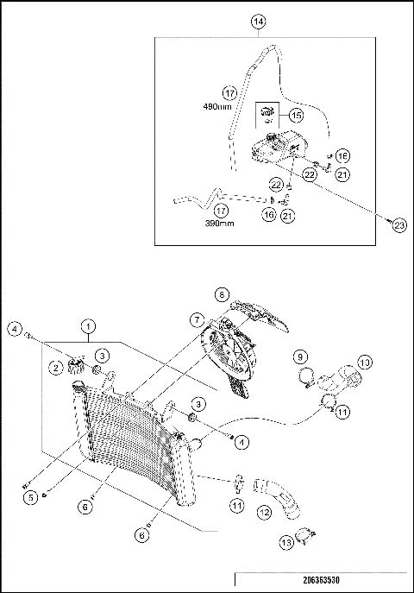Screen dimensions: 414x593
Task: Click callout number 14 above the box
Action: tap(259, 22)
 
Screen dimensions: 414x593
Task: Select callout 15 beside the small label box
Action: tap(296, 115)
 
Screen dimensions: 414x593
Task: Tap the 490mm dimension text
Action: tap(217, 107)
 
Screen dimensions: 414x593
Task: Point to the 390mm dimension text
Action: tap(219, 224)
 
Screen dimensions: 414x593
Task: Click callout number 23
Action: tap(398, 225)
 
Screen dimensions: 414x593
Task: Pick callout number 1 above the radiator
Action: tap(88, 326)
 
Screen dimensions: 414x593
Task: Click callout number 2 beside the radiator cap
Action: tap(56, 367)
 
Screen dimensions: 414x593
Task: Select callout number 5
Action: tap(30, 498)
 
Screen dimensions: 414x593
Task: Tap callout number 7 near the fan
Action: tap(198, 320)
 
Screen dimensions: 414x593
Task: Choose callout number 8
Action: tap(222, 294)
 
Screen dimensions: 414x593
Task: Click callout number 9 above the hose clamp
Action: tap(300, 356)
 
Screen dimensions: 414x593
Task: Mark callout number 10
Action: tap(365, 363)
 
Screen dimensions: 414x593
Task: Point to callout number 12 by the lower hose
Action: tap(264, 512)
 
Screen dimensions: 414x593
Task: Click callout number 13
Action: tap(286, 543)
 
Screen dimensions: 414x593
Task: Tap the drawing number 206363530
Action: tap(321, 580)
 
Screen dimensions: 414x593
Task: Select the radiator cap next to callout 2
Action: tap(76, 366)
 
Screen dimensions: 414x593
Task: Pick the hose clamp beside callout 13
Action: tap(305, 537)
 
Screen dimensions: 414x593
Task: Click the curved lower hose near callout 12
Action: tap(278, 497)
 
